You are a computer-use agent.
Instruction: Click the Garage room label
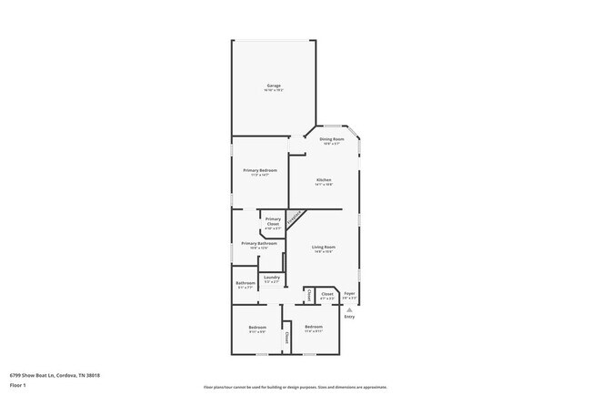(x=274, y=86)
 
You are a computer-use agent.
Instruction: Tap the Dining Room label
(x=331, y=138)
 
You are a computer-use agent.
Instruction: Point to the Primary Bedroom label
(x=259, y=170)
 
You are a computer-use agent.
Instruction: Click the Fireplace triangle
(x=295, y=219)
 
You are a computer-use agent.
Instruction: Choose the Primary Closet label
(x=273, y=220)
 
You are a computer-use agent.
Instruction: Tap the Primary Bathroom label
(x=259, y=243)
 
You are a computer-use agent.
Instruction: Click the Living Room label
(x=324, y=247)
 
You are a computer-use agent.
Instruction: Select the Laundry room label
(x=272, y=277)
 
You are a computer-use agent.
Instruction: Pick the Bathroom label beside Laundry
(x=245, y=282)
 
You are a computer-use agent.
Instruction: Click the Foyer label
(x=349, y=293)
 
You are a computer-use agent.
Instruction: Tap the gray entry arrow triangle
(x=349, y=309)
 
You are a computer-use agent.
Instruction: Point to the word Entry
(x=349, y=317)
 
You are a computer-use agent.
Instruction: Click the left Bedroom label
(x=257, y=327)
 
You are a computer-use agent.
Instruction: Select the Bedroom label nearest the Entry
(x=314, y=327)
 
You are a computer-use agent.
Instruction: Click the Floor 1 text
(x=17, y=385)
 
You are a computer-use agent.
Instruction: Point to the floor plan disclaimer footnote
(x=295, y=387)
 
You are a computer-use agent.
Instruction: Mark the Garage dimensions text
(x=274, y=90)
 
